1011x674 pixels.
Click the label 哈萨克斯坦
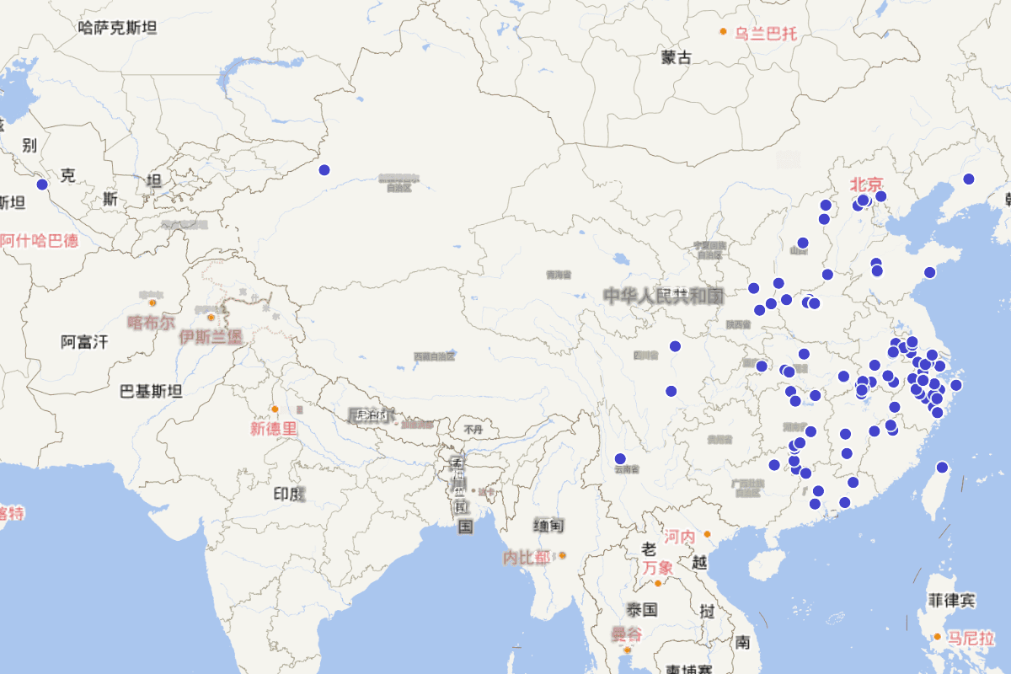coord(117,28)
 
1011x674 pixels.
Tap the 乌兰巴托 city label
coord(765,34)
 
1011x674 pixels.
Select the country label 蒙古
coord(676,57)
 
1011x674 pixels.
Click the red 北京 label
coord(866,184)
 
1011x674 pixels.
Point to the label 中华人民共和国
coord(663,296)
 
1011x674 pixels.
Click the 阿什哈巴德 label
coord(39,240)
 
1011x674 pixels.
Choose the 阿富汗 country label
coord(84,342)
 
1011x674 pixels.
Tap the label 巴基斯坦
coord(151,391)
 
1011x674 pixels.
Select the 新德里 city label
coord(274,428)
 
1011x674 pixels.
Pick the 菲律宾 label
coord(951,601)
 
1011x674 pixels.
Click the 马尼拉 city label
coord(971,638)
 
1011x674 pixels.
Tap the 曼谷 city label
coord(625,634)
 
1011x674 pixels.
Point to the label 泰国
coord(641,609)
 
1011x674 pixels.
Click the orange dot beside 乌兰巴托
coord(723,32)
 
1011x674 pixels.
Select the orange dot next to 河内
coord(708,534)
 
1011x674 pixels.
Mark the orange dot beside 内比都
coord(562,555)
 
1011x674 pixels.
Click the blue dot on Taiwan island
coord(942,468)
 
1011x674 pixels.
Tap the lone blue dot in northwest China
coord(324,170)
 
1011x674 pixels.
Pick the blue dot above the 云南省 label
coord(620,459)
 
